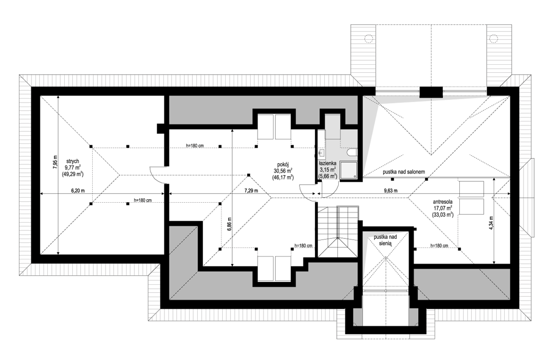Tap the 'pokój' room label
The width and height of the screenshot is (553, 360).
click(x=283, y=164)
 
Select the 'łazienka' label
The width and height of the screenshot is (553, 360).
click(x=328, y=164)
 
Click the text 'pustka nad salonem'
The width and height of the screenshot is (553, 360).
click(x=404, y=172)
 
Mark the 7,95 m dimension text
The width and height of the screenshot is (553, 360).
click(x=55, y=163)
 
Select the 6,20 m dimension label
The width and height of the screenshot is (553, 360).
click(x=78, y=191)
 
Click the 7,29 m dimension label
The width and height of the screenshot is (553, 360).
click(x=252, y=191)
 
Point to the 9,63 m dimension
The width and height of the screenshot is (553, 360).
click(x=391, y=191)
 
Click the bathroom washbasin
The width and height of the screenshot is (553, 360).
click(x=322, y=153)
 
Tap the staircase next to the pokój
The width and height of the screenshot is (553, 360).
click(x=339, y=232)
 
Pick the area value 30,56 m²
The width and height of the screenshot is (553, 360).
click(x=283, y=171)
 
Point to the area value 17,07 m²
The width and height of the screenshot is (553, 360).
click(x=443, y=208)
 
